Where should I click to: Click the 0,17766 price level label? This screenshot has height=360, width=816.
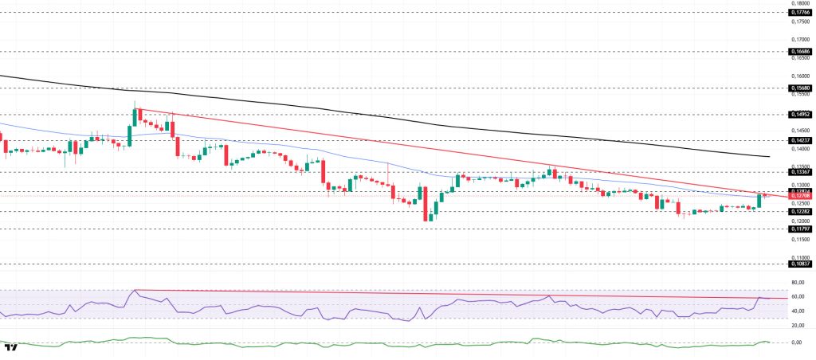click(x=799, y=13)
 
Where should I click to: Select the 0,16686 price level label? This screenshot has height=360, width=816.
click(x=799, y=50)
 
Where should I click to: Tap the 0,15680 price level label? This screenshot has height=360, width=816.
click(x=799, y=88)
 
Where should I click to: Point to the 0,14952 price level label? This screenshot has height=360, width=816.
click(x=799, y=114)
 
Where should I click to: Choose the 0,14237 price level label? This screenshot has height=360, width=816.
click(x=799, y=139)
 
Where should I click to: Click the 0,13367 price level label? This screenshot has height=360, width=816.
click(x=799, y=171)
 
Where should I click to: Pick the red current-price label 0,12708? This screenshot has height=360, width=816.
click(x=799, y=197)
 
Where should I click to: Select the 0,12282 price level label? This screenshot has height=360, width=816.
click(x=799, y=211)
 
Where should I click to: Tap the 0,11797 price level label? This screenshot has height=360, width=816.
click(x=799, y=229)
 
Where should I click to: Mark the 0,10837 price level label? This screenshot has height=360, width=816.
click(x=799, y=264)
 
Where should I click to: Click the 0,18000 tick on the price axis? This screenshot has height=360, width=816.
click(x=799, y=4)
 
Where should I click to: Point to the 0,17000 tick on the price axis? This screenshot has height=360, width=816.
click(x=799, y=39)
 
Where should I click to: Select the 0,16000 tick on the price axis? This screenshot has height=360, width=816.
click(x=799, y=76)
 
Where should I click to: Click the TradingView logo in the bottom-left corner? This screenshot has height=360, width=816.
click(x=10, y=347)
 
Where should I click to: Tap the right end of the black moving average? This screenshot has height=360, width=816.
click(x=768, y=157)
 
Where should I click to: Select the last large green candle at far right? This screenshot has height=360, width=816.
click(x=759, y=200)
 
